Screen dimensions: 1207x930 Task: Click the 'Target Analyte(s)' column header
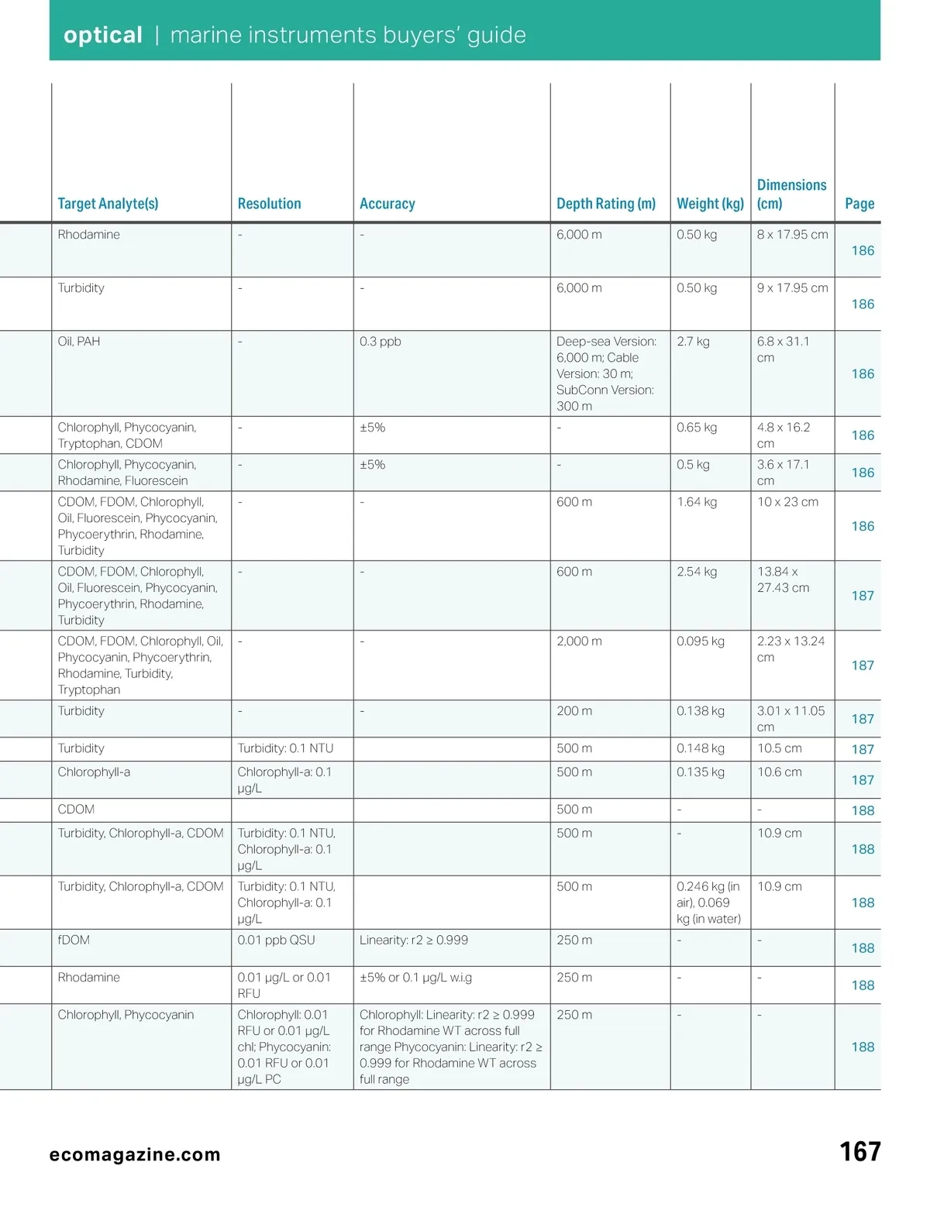pos(108,204)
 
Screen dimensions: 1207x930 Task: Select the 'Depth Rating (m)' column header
pos(606,204)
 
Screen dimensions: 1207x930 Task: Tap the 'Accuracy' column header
pos(387,204)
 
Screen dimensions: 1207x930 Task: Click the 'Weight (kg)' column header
pos(710,204)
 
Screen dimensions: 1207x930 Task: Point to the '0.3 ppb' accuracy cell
pos(381,342)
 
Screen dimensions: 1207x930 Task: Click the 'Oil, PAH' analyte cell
pos(79,342)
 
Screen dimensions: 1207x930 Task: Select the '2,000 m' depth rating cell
pos(579,641)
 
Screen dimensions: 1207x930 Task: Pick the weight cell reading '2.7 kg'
pos(693,342)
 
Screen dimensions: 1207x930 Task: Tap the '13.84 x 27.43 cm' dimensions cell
pos(783,579)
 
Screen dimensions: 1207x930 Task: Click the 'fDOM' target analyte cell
pos(74,940)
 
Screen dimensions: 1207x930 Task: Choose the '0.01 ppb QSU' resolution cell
pos(276,940)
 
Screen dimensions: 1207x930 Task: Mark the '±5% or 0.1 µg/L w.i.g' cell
pos(415,978)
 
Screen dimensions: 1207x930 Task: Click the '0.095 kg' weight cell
pos(701,641)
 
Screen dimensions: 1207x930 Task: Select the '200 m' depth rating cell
pos(574,711)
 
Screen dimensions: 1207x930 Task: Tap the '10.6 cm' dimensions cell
pos(780,772)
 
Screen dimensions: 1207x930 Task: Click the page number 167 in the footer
pos(860,1152)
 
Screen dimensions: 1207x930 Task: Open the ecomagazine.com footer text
pos(135,1155)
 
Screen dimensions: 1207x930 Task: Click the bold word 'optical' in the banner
pos(103,36)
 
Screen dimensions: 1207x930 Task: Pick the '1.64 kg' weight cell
pos(697,502)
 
